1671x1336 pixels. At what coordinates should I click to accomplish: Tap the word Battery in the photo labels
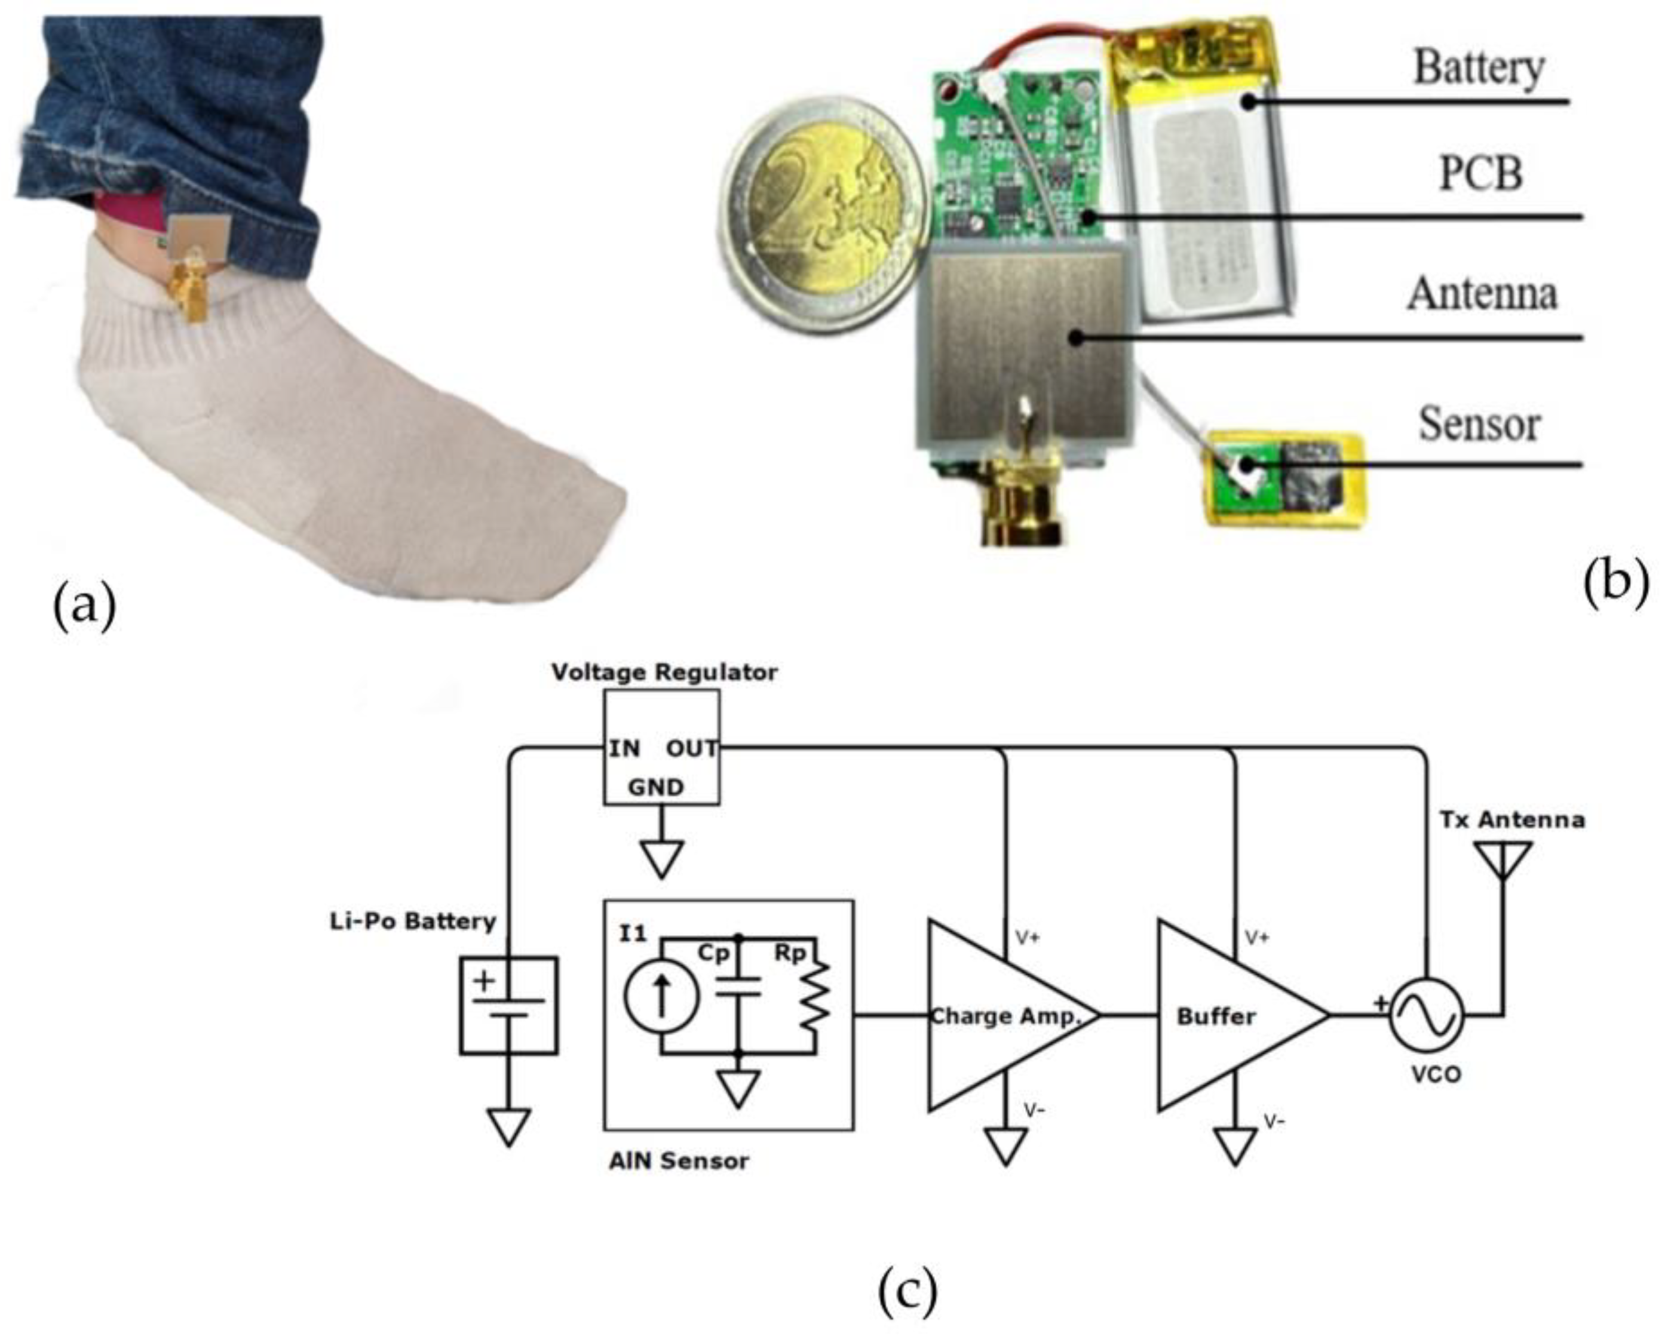click(1478, 68)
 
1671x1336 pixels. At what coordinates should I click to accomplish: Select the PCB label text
click(1480, 174)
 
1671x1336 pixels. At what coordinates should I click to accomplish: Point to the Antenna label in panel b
click(1482, 294)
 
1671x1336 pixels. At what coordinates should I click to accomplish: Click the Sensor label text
click(1479, 424)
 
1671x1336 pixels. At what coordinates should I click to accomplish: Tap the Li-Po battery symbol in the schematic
click(508, 1005)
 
